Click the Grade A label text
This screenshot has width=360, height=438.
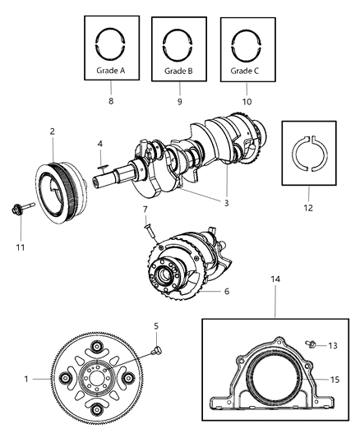(x=111, y=71)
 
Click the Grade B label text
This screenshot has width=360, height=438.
(x=178, y=71)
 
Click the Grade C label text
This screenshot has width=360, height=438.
(x=246, y=71)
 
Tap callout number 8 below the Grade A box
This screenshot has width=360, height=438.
(x=111, y=100)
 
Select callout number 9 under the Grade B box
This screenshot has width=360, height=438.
(x=178, y=100)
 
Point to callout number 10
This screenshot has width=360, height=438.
(x=246, y=100)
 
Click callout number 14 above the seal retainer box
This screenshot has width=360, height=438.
(x=274, y=281)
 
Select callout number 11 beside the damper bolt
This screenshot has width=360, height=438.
(x=22, y=246)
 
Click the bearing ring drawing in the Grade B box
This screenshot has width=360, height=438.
(x=178, y=42)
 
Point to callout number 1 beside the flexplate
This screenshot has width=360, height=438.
(x=28, y=380)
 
